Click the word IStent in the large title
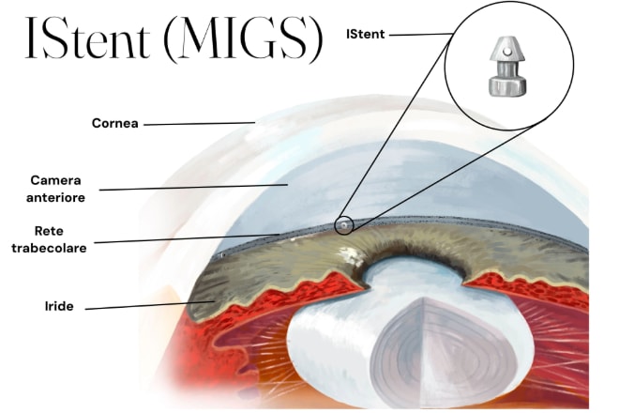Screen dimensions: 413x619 (89, 39)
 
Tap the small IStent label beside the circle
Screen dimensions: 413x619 (367, 35)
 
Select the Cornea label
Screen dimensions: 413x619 (115, 123)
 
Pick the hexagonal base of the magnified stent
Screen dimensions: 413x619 (507, 85)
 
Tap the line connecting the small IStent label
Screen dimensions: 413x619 (420, 35)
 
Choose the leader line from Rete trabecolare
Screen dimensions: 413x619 (188, 238)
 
